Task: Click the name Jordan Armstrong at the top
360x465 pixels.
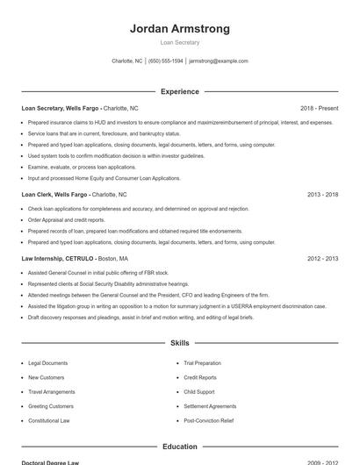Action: pos(180,28)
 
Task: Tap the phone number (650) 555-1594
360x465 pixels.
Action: pos(166,61)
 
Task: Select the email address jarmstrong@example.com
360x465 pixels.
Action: pos(219,61)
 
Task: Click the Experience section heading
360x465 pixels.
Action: pos(180,91)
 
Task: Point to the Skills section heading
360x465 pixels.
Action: pos(180,343)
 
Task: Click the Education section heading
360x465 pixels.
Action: pos(180,447)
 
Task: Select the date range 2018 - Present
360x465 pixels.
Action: pos(319,108)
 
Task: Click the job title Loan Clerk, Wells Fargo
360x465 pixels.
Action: pos(54,194)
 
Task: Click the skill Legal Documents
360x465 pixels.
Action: pos(47,362)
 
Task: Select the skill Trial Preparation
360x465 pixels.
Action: pos(203,362)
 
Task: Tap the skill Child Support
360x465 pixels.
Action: pos(199,391)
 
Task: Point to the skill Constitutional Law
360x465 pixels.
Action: pos(49,420)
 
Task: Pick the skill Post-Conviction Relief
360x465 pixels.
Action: pos(209,420)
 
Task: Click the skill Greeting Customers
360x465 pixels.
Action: pos(51,406)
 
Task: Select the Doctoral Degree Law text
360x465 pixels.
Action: pos(50,461)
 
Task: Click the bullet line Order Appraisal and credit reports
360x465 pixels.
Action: pos(67,219)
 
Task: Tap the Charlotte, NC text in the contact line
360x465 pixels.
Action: pos(127,61)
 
